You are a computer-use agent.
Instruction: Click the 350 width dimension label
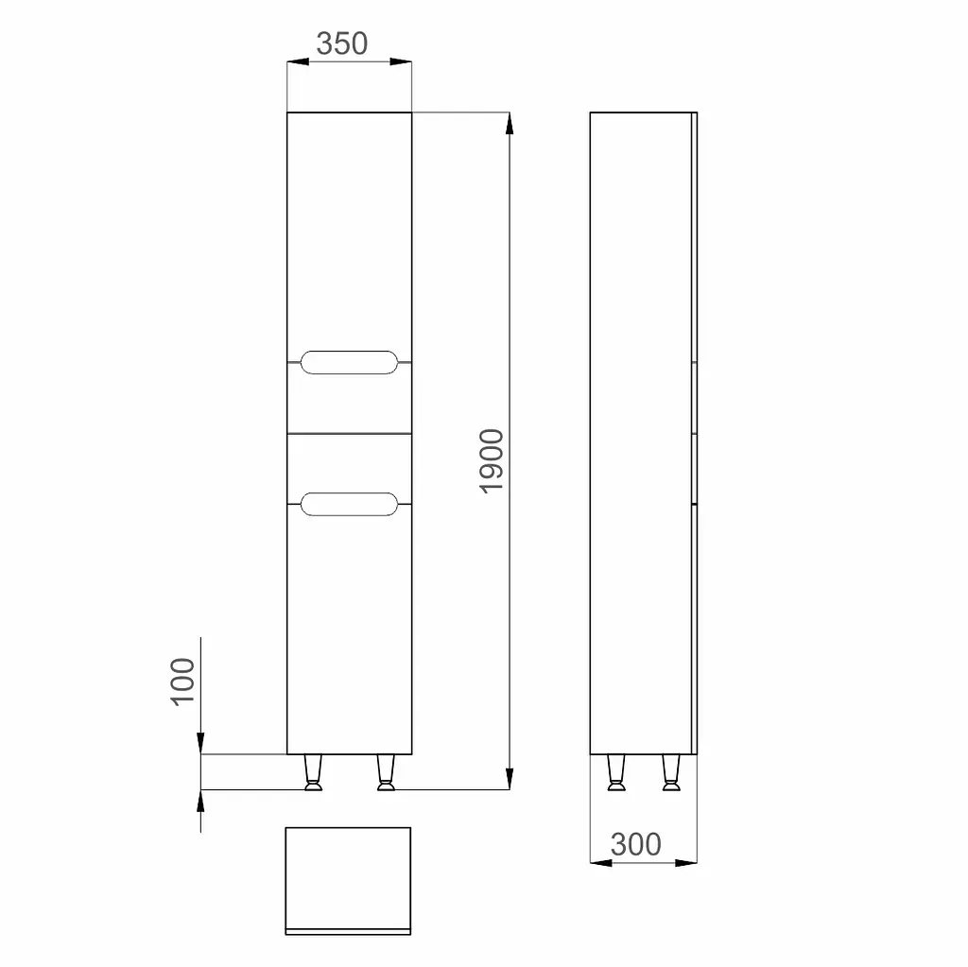[x=342, y=43]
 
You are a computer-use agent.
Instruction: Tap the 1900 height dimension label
[x=492, y=460]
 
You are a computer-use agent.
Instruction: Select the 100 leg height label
[x=182, y=682]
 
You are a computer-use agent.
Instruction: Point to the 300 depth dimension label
[x=636, y=844]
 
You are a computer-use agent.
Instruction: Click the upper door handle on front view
[x=349, y=362]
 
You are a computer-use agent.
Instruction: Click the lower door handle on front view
[x=349, y=504]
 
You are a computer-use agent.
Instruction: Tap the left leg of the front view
[x=313, y=772]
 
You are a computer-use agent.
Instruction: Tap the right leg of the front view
[x=386, y=772]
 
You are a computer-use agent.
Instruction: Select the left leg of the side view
[x=616, y=772]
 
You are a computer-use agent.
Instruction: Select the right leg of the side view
[x=671, y=772]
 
